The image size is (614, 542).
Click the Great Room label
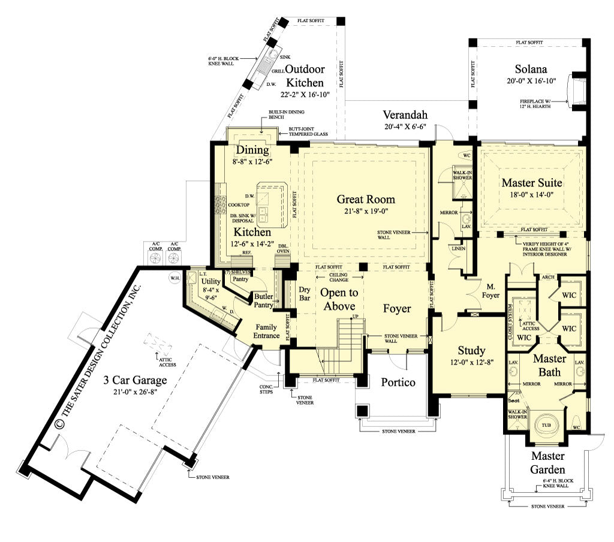365,199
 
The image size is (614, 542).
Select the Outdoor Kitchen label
305,76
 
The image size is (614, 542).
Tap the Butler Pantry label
264,300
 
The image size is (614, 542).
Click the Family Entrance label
267,332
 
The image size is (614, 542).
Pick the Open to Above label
339,299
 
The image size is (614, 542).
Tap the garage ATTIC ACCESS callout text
167,362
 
